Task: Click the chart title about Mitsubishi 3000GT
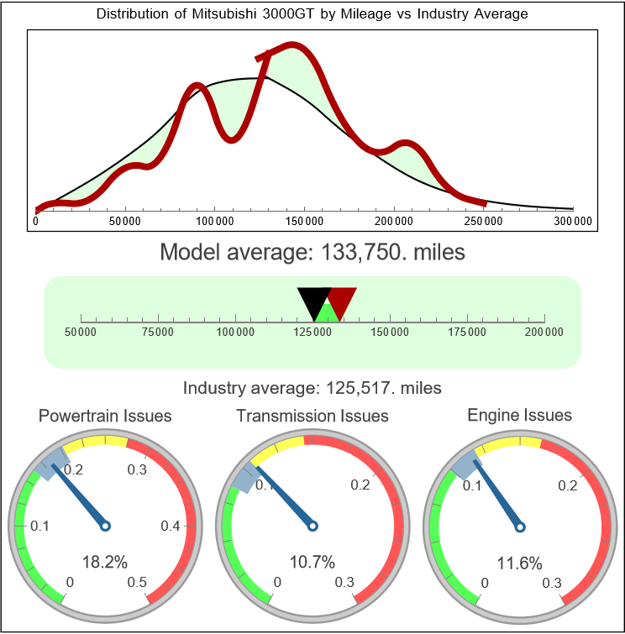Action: pos(312,14)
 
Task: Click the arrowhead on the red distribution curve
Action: pos(264,58)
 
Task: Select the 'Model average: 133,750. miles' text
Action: pos(312,252)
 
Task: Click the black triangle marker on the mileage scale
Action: pos(313,301)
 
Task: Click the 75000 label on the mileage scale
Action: pos(158,333)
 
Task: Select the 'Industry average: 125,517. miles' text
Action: pos(312,388)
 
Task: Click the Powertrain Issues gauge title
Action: pos(105,416)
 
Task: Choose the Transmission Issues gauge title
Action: pos(312,416)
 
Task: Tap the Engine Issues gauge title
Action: pos(519,416)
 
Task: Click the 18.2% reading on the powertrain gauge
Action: pos(105,562)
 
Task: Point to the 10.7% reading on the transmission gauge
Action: pos(312,562)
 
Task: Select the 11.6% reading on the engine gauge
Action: pos(519,562)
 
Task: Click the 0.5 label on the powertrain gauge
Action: pos(137,583)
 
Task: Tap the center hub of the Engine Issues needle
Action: pos(520,527)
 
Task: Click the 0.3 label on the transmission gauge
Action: pos(344,583)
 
